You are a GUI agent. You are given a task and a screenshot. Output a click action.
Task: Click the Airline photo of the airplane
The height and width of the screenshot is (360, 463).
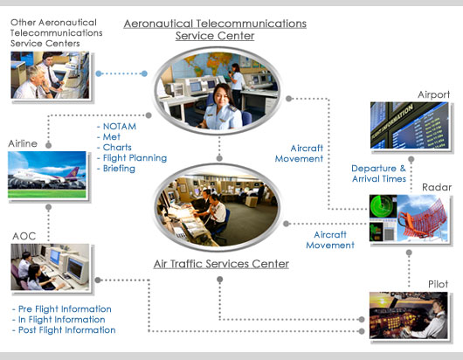click(x=47, y=175)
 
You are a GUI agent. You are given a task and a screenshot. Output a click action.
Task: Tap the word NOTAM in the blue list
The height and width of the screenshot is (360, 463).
click(x=120, y=127)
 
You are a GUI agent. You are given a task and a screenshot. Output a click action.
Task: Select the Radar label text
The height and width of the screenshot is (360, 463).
click(x=437, y=187)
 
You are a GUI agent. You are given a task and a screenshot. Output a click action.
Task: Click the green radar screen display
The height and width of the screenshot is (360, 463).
click(x=383, y=206)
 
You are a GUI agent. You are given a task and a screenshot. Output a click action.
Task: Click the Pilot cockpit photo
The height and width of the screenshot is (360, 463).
click(x=408, y=315)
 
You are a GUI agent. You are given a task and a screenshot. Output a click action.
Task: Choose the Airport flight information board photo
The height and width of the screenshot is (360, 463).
click(x=409, y=125)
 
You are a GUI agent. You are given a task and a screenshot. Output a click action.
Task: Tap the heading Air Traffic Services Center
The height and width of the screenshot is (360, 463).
click(x=221, y=264)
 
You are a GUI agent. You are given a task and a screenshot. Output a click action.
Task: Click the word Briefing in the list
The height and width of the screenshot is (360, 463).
click(x=119, y=169)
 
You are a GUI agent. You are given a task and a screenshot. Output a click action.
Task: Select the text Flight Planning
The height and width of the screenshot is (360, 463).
click(x=135, y=158)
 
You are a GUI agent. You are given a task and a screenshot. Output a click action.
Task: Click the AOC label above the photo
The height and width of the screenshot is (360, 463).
click(x=24, y=236)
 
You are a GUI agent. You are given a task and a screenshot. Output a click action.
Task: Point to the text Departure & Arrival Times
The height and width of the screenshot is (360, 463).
click(x=379, y=173)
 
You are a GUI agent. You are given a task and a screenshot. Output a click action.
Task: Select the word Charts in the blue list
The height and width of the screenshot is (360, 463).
click(x=117, y=148)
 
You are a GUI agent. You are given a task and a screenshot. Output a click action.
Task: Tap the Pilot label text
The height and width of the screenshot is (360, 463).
click(x=438, y=284)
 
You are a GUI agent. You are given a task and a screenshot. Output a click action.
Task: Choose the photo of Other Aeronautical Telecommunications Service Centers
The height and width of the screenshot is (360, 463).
click(x=50, y=75)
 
